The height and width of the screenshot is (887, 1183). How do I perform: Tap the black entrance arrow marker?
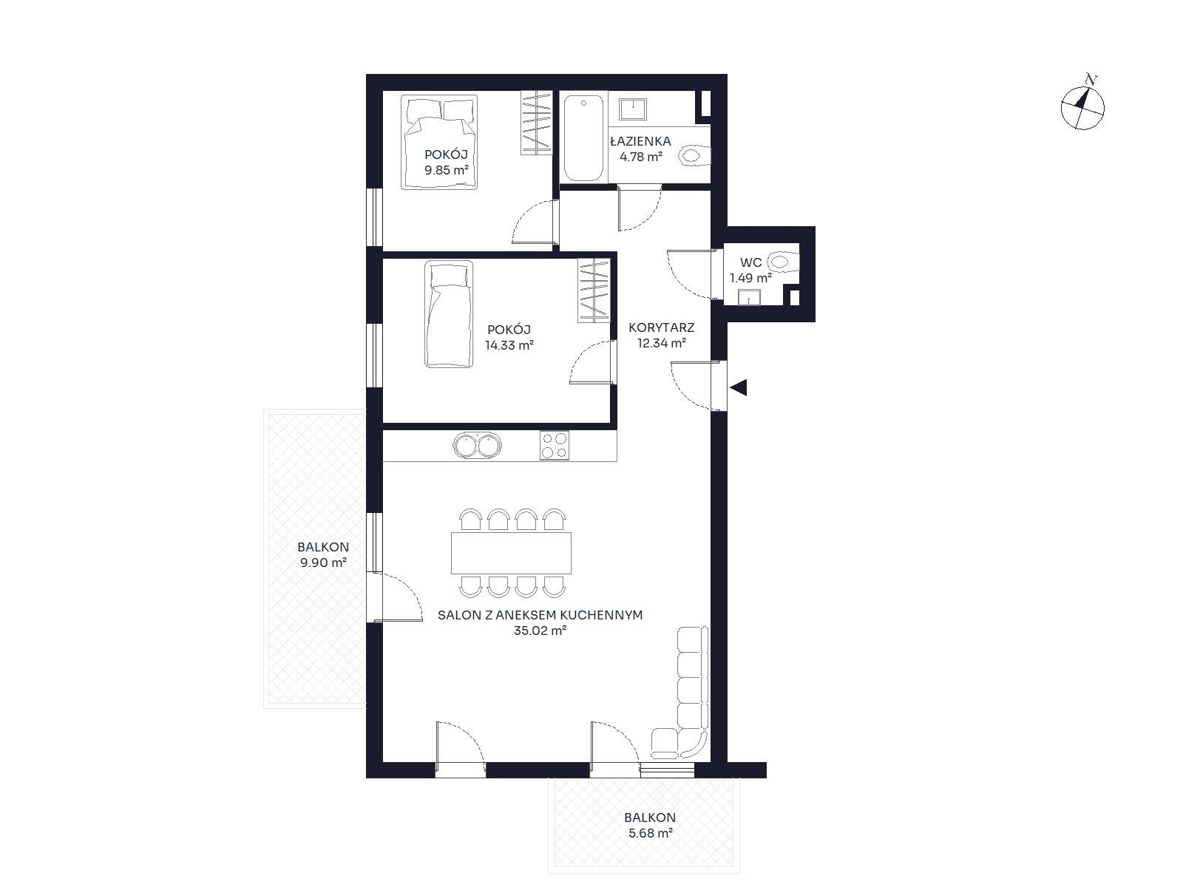739,387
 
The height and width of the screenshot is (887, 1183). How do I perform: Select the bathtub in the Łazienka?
583,138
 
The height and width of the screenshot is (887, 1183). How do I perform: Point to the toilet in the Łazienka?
695,156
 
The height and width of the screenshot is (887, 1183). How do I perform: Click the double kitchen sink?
477,446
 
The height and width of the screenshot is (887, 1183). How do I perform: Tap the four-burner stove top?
554,446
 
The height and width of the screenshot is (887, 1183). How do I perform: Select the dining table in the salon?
511,553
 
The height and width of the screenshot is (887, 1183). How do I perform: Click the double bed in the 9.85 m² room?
439,142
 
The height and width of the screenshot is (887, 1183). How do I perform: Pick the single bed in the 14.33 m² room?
449,314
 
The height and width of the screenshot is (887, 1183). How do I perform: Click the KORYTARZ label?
661,327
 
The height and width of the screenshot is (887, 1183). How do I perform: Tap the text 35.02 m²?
540,631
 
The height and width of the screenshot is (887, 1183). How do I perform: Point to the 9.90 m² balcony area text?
323,563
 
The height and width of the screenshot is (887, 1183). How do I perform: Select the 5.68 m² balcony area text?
650,833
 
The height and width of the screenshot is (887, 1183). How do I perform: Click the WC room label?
750,263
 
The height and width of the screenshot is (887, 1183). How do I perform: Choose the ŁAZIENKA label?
640,142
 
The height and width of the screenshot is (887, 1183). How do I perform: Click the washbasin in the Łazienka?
633,109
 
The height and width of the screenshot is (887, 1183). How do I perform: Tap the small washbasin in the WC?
748,297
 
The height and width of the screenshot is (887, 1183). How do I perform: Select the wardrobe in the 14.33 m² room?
594,290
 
